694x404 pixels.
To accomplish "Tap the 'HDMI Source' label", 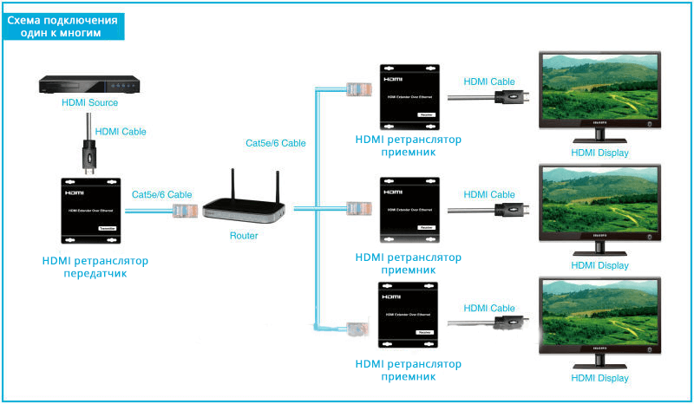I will pos(89,102).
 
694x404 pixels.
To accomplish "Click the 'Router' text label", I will pos(245,235).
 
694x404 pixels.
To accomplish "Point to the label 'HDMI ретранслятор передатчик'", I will pos(95,267).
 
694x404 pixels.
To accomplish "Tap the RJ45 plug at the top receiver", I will pos(356,89).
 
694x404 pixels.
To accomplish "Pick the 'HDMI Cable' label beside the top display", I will pos(489,81).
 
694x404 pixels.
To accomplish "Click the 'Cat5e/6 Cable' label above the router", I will pos(276,142).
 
